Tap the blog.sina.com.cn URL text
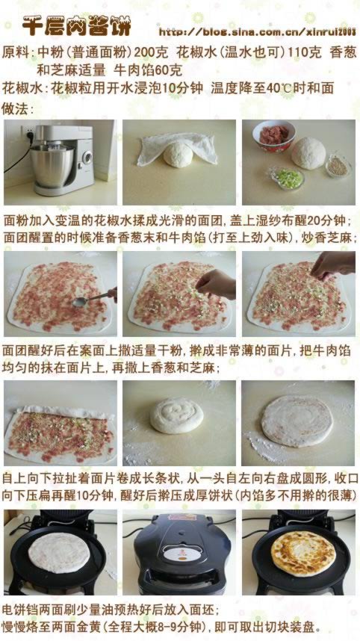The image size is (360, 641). click(258, 31)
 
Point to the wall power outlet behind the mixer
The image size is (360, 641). click(29, 133)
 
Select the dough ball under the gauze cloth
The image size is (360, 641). click(179, 155)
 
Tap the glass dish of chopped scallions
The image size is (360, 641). click(288, 179)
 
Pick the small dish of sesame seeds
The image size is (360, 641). click(338, 166)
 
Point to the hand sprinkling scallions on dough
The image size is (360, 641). click(216, 284)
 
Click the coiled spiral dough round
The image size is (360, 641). click(176, 415)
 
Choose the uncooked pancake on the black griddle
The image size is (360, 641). click(59, 553)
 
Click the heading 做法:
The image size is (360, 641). click(17, 109)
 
